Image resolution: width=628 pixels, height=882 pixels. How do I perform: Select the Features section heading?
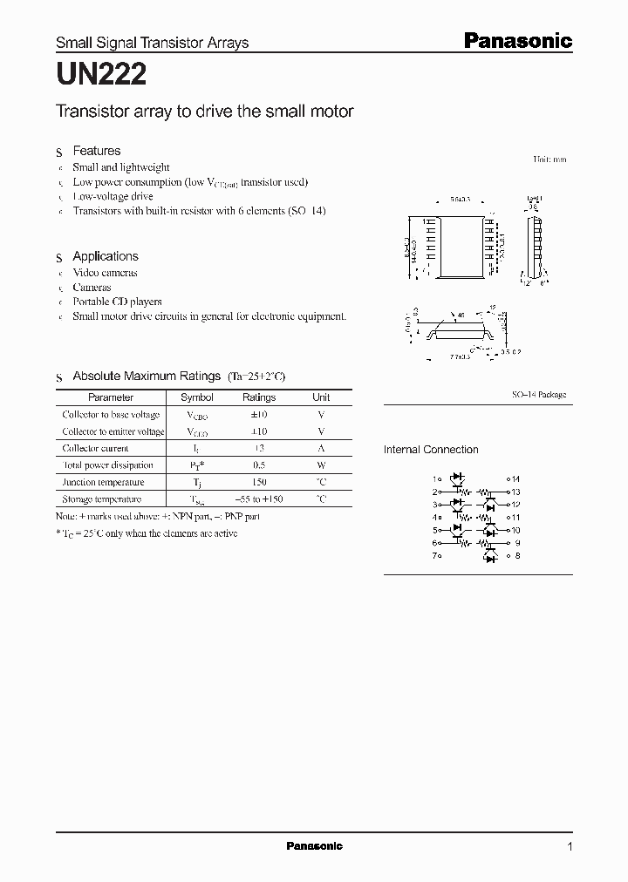96,151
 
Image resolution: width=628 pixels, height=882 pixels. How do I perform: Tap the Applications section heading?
105,256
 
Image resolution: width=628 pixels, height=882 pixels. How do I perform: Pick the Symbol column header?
195,397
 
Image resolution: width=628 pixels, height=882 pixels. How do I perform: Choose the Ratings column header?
259,397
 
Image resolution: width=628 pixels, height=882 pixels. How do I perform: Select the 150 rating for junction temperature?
259,482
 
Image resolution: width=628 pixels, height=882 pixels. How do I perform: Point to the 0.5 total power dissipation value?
259,465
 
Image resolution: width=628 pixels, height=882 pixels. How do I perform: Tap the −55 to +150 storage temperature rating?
259,499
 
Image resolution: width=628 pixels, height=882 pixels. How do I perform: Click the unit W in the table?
321,465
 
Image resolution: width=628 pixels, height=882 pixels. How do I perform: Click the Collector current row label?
96,448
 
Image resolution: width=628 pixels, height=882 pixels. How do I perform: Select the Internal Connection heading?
431,450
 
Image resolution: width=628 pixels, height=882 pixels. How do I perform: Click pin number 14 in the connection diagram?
515,478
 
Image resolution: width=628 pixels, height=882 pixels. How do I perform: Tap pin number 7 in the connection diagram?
433,555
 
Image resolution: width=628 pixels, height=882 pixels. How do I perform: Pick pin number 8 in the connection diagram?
517,555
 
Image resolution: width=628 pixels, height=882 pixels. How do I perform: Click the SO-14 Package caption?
538,395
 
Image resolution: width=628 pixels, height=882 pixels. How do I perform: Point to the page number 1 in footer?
570,847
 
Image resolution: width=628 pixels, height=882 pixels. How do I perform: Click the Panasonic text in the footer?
314,846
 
